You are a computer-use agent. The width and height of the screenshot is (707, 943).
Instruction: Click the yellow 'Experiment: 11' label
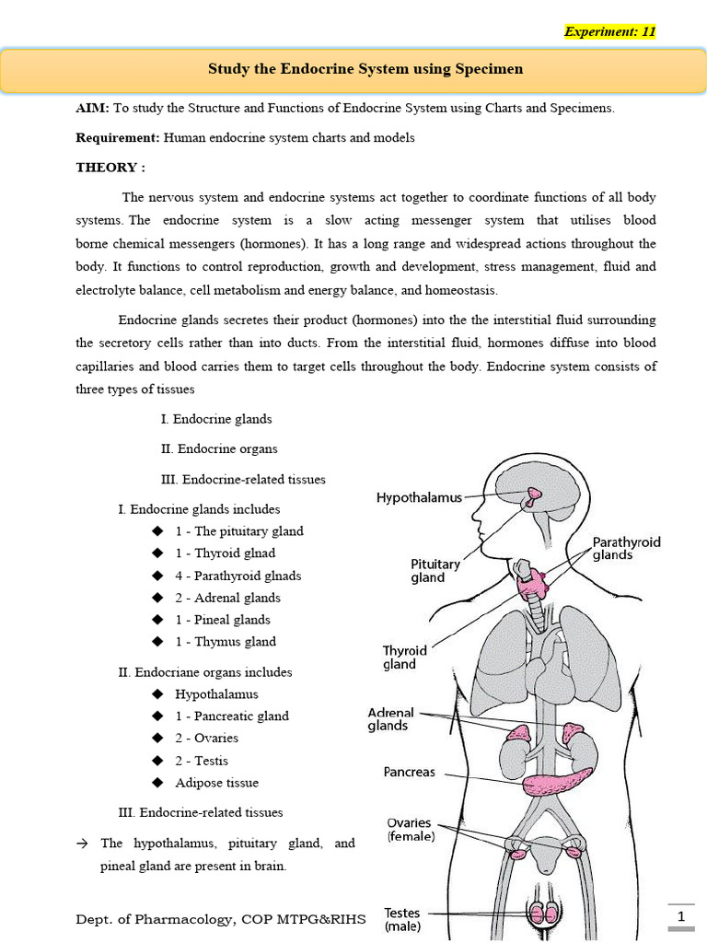[x=609, y=31]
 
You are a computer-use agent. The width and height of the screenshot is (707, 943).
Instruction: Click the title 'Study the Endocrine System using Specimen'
[x=353, y=69]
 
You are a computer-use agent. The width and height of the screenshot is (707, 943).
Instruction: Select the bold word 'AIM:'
[x=92, y=109]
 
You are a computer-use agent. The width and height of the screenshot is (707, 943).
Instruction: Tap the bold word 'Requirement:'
[x=118, y=138]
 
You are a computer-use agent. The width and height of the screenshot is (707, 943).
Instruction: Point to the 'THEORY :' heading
[x=110, y=168]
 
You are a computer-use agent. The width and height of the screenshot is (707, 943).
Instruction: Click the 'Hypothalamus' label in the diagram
[x=419, y=497]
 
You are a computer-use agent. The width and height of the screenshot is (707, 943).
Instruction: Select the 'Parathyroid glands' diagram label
[x=626, y=549]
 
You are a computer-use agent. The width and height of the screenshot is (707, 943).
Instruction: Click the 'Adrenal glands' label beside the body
[x=391, y=719]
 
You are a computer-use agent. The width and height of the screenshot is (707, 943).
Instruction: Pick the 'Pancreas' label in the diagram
[x=409, y=773]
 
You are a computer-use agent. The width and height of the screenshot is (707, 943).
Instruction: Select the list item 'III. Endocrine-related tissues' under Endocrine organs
[x=201, y=812]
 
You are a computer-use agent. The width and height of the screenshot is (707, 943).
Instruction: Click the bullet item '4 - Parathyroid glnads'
[x=238, y=576]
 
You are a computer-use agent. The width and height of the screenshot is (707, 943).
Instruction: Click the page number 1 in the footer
[x=681, y=917]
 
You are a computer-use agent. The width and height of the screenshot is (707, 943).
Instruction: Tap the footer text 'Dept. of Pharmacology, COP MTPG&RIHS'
[x=220, y=919]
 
